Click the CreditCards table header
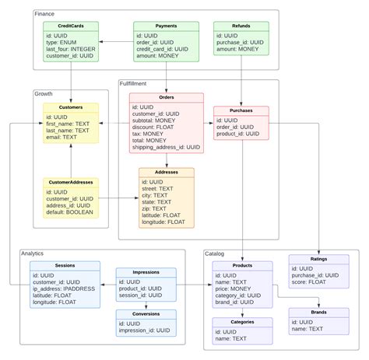click(71, 26)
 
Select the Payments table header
click(167, 26)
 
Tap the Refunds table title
click(242, 26)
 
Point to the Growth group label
click(44, 93)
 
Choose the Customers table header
click(71, 107)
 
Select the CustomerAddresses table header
click(71, 183)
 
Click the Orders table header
click(166, 98)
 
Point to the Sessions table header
click(65, 265)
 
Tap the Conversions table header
click(146, 315)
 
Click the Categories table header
click(243, 321)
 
